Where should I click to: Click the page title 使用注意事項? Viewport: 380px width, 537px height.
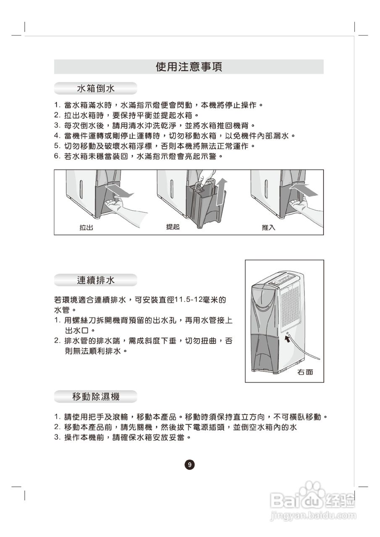click(x=189, y=67)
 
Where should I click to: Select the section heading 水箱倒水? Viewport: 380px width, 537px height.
click(x=96, y=89)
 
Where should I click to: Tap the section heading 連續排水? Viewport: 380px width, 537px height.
click(x=96, y=280)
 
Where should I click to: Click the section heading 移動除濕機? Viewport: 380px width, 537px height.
click(x=96, y=396)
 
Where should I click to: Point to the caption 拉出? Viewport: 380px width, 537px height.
click(x=86, y=228)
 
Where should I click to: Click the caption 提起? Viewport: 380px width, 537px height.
click(x=173, y=227)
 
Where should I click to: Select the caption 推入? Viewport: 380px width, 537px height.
click(x=268, y=228)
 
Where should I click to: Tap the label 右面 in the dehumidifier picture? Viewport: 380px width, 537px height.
click(x=305, y=372)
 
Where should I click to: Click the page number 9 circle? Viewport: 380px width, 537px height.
click(x=190, y=465)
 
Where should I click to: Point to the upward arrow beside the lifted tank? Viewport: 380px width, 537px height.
click(x=221, y=191)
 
